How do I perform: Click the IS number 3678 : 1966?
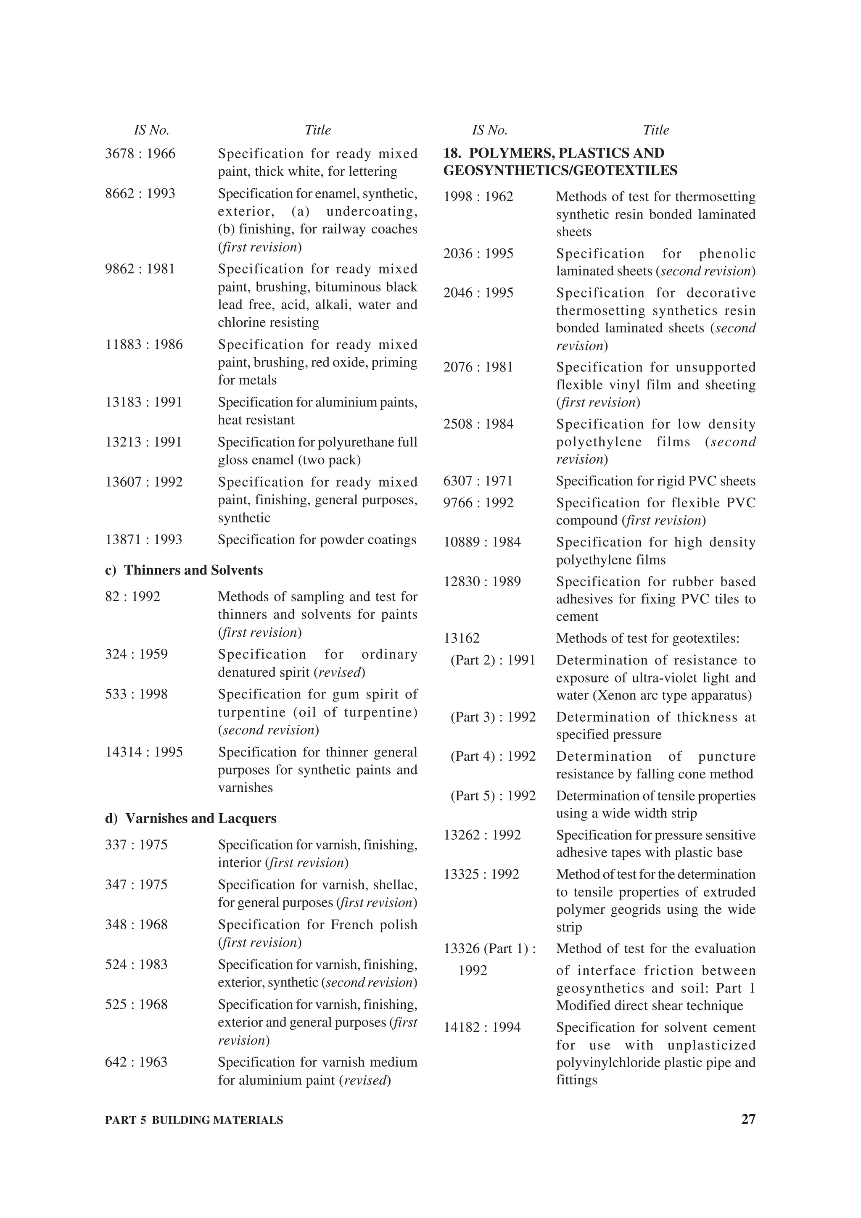pos(140,154)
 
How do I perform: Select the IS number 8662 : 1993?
pos(140,194)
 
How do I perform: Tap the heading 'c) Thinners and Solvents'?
pos(184,570)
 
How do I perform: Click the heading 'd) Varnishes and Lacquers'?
pos(191,819)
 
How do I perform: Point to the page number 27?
pos(748,1119)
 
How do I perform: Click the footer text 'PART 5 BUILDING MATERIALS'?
pos(194,1120)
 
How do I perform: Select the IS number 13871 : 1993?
pos(144,540)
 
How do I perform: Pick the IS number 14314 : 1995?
pos(144,752)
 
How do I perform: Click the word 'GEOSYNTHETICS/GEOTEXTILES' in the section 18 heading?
pos(560,171)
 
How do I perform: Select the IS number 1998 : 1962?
pos(478,197)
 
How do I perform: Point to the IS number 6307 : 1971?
pos(478,481)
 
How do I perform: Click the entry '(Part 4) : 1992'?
pos(493,757)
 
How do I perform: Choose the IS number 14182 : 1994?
pos(482,1028)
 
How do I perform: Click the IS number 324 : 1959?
pos(136,654)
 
